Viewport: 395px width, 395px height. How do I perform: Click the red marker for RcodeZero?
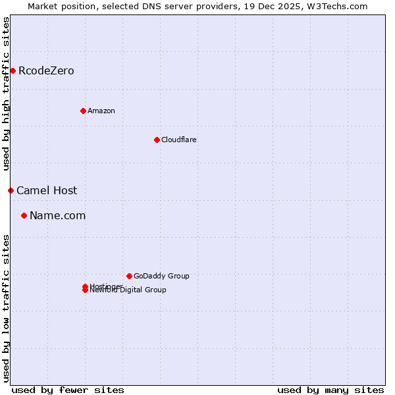click(13, 70)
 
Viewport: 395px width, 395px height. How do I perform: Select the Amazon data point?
click(83, 111)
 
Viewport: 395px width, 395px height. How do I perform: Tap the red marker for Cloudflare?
click(157, 140)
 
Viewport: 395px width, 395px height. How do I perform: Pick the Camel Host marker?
click(11, 190)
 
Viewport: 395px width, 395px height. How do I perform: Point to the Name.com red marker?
click(24, 215)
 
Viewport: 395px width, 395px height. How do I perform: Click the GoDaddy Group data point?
click(129, 276)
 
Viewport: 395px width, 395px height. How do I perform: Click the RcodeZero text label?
click(46, 70)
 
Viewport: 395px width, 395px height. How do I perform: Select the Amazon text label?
click(101, 111)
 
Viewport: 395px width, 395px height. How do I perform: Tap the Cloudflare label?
click(179, 140)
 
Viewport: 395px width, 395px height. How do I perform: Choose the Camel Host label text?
click(47, 190)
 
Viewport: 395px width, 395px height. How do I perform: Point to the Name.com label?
click(58, 215)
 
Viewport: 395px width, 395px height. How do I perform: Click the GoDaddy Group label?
click(161, 276)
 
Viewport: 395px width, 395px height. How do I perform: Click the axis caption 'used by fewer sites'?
click(68, 390)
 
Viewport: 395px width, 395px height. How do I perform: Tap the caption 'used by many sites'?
click(330, 390)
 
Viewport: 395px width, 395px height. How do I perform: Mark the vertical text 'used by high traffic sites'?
click(6, 93)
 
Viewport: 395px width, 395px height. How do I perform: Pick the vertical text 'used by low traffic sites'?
click(6, 308)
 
